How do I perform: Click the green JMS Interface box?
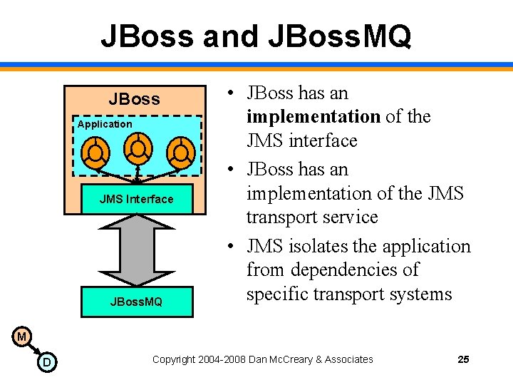(136, 199)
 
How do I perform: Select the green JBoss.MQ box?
(136, 302)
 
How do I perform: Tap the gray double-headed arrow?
(135, 250)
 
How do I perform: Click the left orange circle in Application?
(94, 152)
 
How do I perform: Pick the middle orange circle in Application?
(138, 148)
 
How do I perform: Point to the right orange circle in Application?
(182, 152)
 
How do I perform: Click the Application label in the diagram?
(105, 124)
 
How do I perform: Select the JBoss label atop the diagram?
(134, 98)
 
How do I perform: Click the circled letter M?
(21, 336)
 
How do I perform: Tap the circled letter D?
(46, 362)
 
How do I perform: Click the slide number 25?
(463, 359)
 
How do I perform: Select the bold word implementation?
(313, 116)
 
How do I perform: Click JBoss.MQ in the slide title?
(341, 36)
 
